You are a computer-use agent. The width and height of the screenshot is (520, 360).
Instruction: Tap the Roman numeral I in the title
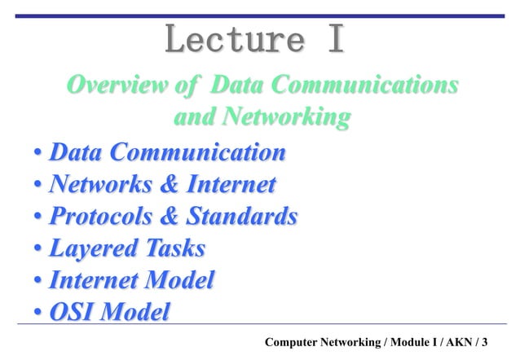pyautogui.click(x=335, y=39)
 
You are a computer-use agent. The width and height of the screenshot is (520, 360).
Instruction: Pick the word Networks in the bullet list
pyautogui.click(x=97, y=185)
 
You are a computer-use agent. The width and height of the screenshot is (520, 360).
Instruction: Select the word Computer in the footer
pyautogui.click(x=297, y=341)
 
